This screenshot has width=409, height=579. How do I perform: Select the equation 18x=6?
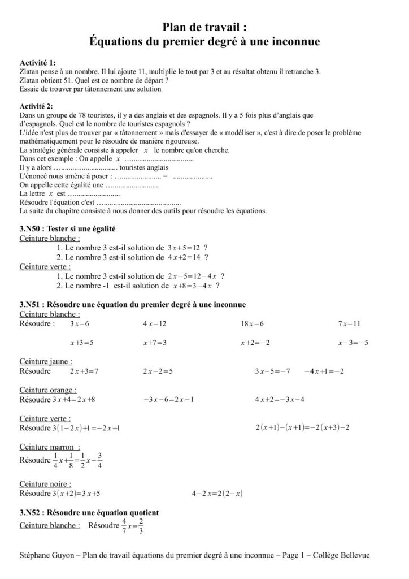coord(252,324)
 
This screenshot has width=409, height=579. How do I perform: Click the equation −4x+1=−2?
coord(324,371)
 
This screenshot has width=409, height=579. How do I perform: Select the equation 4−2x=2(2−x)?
coord(217,493)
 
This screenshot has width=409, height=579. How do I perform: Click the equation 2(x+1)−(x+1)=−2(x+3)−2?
coord(303,427)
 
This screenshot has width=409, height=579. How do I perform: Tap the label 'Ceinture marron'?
coord(49,447)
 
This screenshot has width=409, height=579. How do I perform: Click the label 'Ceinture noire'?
coord(45,484)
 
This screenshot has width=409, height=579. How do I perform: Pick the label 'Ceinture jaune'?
coord(46,361)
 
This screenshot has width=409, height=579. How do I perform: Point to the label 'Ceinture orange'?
coord(48,390)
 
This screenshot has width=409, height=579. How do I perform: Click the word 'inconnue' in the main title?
coord(291,41)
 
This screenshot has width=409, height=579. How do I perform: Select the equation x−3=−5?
coord(353,343)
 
